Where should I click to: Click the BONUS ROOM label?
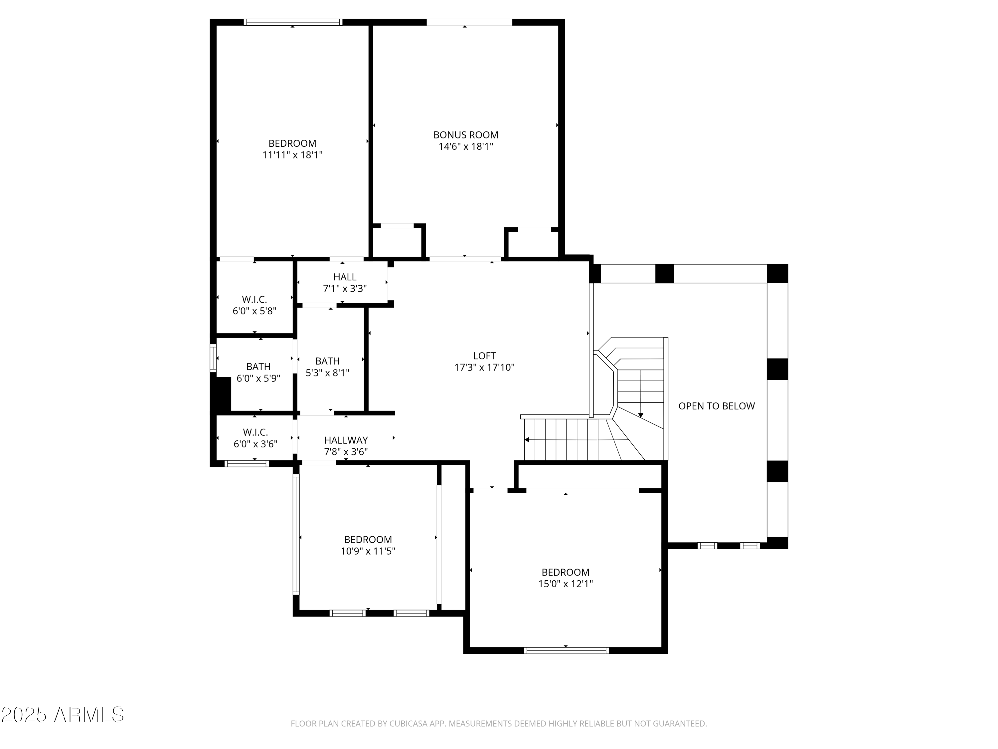point(466,134)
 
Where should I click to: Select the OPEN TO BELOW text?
point(717,406)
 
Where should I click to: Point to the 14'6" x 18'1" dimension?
point(466,146)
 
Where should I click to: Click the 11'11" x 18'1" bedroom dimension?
point(292,155)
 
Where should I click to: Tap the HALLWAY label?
point(346,440)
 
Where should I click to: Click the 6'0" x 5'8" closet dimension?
point(254,311)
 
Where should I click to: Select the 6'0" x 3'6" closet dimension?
point(255,444)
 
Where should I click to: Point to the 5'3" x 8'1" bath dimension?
point(328,373)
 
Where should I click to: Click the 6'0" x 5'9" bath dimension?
point(258,378)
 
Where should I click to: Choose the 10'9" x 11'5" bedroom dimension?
point(368,551)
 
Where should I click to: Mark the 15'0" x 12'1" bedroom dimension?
point(565,583)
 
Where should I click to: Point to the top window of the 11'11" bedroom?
point(293,22)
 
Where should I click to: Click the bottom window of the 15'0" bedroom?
point(566,650)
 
